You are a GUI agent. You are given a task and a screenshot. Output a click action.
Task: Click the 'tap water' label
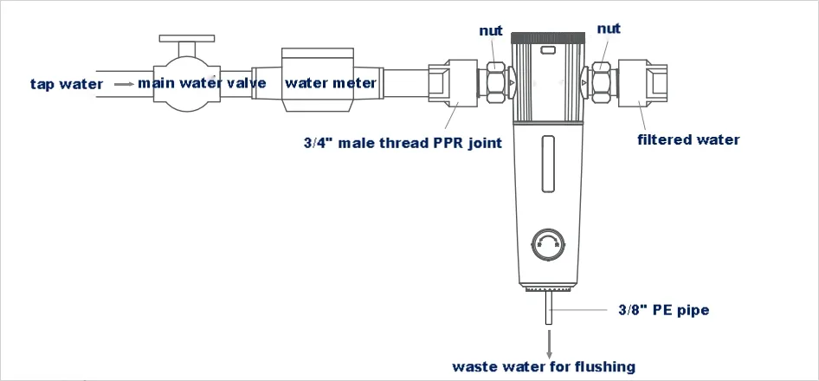(66, 84)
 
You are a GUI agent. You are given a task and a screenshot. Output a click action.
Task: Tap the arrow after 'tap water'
(125, 84)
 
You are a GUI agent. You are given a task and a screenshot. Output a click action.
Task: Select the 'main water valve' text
(202, 84)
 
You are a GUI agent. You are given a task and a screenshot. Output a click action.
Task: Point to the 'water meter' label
(330, 84)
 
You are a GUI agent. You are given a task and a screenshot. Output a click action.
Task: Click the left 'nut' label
(491, 31)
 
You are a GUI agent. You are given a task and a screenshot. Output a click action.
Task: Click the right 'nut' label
(609, 29)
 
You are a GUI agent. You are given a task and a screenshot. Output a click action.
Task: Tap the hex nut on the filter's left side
(497, 83)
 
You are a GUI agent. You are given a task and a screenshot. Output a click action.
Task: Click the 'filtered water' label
(688, 139)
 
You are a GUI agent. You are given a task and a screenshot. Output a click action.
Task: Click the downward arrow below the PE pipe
(549, 342)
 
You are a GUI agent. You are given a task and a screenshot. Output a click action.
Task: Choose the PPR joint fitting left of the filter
(451, 83)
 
